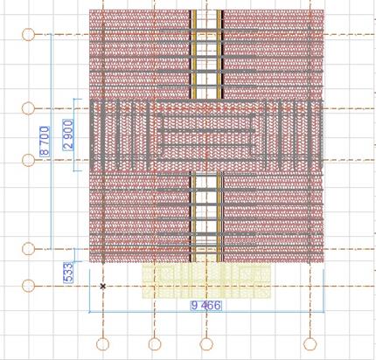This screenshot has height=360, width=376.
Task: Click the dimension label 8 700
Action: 45,141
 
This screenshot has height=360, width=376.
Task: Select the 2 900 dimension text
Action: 68,135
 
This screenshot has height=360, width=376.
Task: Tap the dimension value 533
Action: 68,273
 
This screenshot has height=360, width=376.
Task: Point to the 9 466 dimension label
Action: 206,306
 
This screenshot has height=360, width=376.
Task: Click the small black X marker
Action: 102,287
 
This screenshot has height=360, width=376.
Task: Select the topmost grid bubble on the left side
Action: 28,35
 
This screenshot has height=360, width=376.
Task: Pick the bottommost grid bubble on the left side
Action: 28,286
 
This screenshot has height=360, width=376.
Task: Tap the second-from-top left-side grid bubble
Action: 28,108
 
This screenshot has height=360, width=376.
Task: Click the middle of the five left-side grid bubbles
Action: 28,160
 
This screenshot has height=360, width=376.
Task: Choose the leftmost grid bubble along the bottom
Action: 102,344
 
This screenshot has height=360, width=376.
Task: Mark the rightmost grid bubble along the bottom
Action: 310,344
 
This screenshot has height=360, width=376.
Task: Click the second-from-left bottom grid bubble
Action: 155,344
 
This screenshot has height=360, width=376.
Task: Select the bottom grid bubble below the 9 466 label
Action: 206,344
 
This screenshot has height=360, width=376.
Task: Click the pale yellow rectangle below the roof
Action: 206,280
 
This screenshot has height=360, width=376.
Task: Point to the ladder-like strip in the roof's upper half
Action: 206,54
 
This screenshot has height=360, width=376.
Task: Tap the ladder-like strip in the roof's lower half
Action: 206,217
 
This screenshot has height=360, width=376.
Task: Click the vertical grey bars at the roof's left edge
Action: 120,135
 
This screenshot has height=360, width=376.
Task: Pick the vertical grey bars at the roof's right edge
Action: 293,135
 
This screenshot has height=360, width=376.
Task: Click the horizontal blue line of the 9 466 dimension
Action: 206,312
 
